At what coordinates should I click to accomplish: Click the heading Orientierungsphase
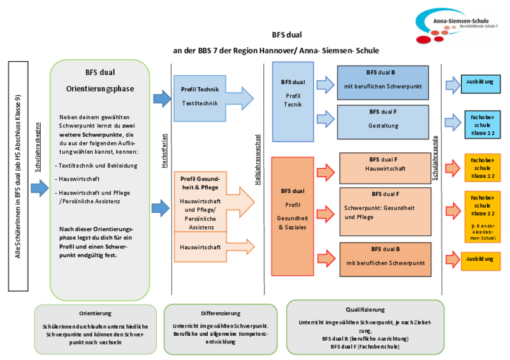(x=100, y=89)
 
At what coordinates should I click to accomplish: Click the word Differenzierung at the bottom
(x=203, y=313)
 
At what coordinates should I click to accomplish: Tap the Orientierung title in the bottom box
(x=96, y=313)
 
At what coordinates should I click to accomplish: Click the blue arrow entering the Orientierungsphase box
(x=39, y=188)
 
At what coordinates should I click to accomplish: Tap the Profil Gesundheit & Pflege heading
(x=200, y=183)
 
